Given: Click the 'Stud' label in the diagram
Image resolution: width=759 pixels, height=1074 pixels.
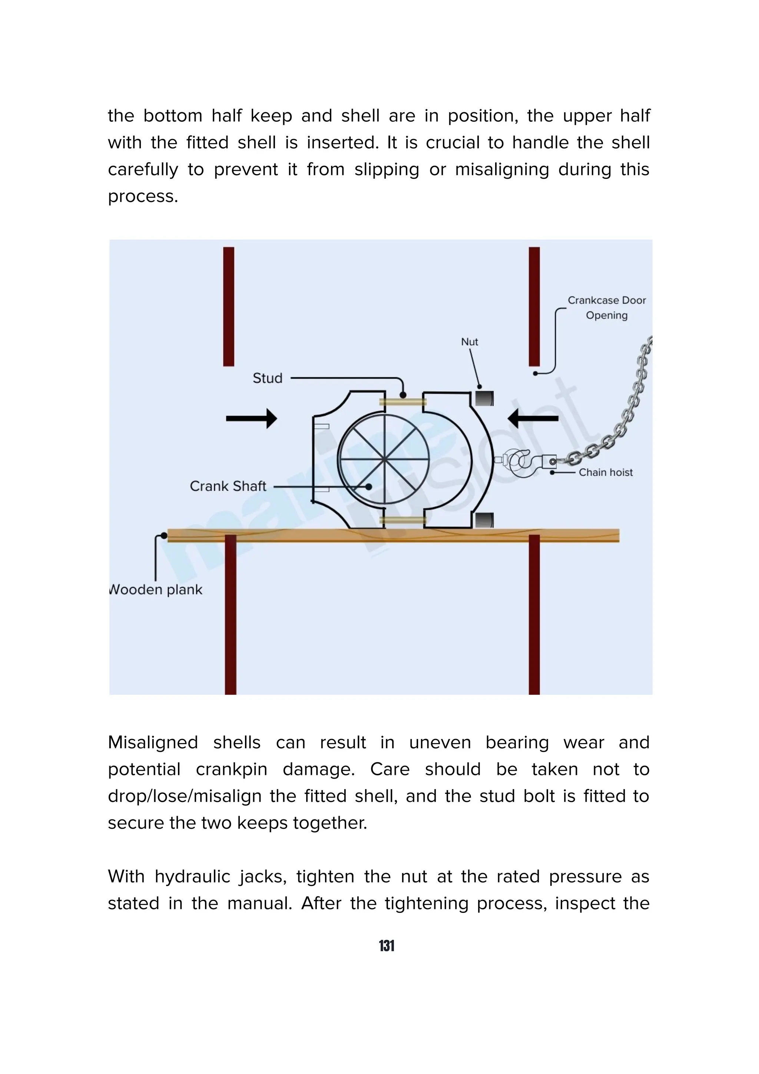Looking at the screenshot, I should click(x=268, y=378).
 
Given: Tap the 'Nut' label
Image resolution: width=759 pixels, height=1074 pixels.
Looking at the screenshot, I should click(x=470, y=342).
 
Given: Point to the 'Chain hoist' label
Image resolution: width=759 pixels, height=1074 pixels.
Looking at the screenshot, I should click(x=605, y=473).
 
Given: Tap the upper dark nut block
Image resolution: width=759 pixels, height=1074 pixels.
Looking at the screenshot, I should click(x=484, y=398).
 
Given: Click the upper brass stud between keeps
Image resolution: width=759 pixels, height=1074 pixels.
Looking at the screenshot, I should click(x=402, y=401).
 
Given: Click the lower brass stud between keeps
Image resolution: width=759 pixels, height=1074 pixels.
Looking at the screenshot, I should click(x=402, y=520).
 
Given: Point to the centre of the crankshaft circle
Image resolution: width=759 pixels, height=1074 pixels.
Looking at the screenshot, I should click(x=384, y=460).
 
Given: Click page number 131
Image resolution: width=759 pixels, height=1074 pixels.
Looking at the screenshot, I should click(x=387, y=946).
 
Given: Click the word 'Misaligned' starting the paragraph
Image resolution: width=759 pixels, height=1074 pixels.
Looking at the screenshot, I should click(x=153, y=743).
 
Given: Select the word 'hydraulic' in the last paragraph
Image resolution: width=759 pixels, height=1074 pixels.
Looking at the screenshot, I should click(x=220, y=876).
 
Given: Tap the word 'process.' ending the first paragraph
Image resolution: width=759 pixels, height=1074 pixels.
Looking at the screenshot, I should click(x=143, y=196).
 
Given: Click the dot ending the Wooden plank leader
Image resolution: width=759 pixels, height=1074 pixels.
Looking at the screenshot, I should click(x=164, y=536).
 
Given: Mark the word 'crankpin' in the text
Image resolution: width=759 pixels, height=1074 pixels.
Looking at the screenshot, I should click(x=232, y=769).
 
